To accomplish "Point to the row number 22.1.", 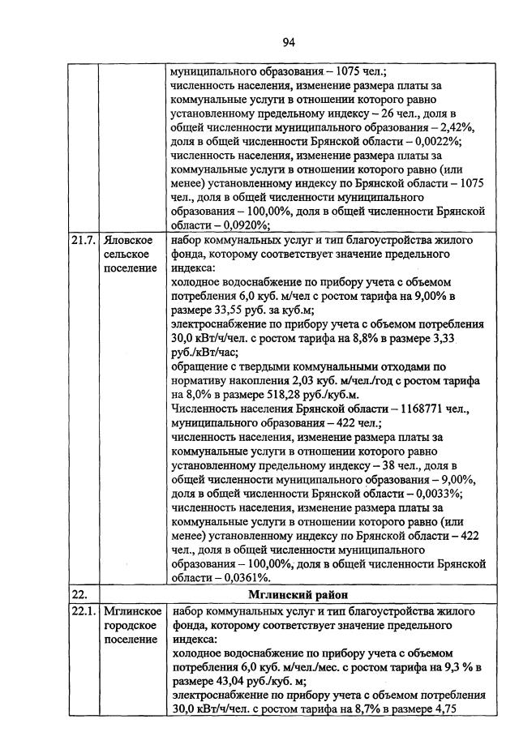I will (82, 611).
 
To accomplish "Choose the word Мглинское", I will (132, 611).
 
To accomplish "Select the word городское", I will (131, 626).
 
